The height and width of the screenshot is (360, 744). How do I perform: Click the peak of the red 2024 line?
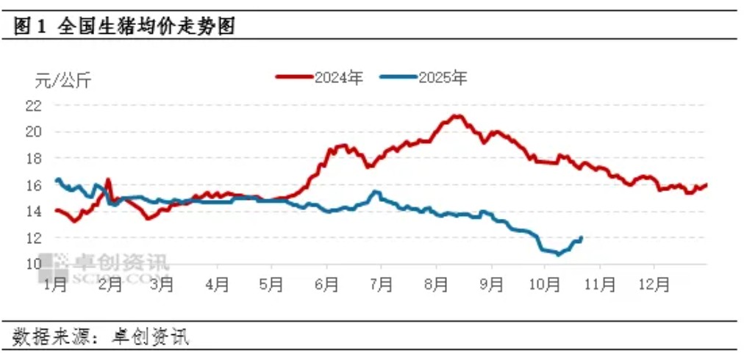click(458, 115)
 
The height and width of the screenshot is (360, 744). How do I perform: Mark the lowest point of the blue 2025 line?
click(558, 254)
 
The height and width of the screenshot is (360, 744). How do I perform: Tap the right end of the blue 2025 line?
click(582, 237)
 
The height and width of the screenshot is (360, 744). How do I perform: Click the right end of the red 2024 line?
click(707, 184)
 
